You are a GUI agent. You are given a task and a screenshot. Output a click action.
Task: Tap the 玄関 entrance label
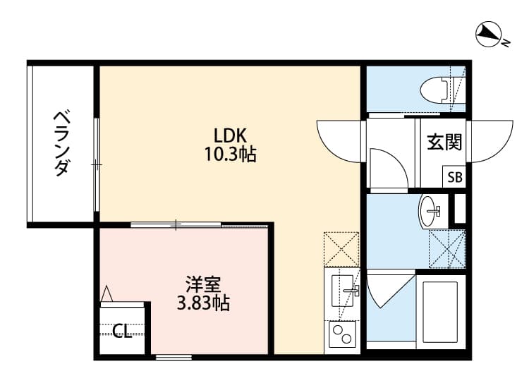point(444,143)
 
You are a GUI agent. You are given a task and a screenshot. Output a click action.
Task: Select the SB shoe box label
point(454,178)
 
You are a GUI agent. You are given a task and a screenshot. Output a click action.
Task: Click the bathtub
point(440,310)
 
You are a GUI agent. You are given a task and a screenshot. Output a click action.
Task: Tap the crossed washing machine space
point(448,248)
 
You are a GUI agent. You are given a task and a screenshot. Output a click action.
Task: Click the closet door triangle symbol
point(107,293)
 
